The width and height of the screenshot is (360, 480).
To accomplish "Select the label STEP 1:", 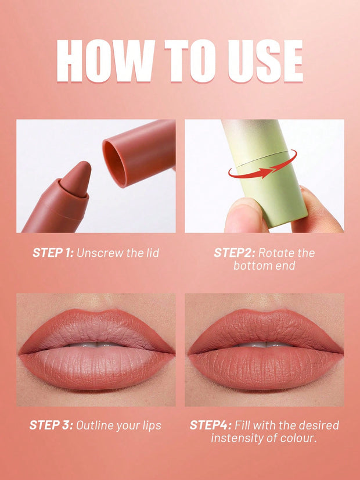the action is (53, 253).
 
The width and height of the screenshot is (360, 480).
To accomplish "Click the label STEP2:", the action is (235, 253).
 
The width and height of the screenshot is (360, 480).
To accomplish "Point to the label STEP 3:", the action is (51, 425).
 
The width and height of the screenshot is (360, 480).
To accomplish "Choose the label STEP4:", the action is (211, 425).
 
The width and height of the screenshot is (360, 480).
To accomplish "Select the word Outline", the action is (93, 425).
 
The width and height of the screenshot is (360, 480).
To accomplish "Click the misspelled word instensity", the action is (238, 438).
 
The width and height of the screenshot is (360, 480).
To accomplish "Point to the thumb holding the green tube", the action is (244, 215).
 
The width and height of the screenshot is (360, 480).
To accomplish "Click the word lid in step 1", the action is (152, 253).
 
